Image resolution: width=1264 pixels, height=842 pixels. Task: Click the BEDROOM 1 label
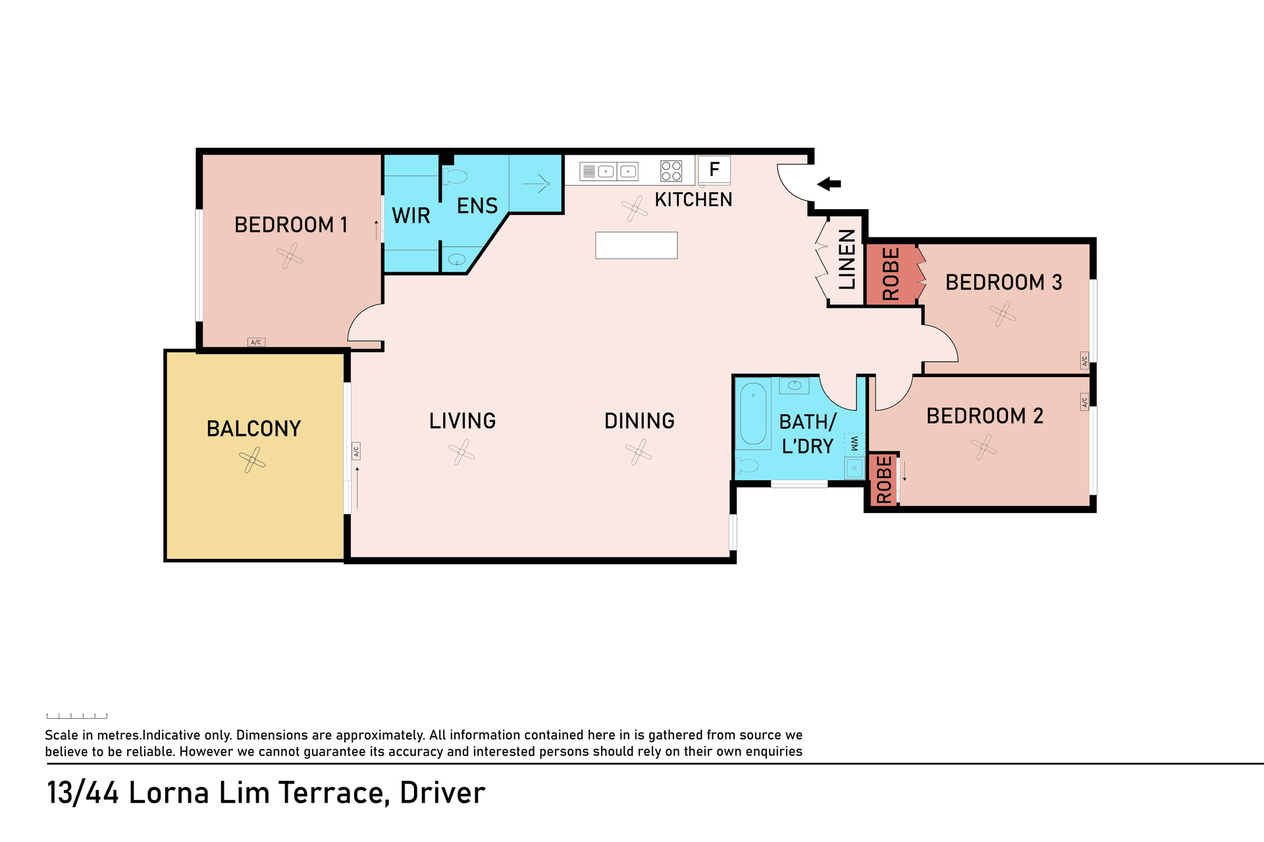[x=291, y=225]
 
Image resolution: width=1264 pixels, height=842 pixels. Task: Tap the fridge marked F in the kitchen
[x=714, y=170]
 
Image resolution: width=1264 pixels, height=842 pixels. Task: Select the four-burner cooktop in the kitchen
[x=671, y=171]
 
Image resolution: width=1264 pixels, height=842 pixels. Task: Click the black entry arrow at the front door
[x=829, y=184]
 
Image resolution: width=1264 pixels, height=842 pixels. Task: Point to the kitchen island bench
[x=637, y=245]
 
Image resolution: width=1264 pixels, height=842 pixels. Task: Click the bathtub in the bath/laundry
[x=753, y=414]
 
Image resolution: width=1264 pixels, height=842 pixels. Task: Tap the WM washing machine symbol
[x=854, y=444]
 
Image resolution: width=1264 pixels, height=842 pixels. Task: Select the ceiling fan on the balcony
[x=252, y=460]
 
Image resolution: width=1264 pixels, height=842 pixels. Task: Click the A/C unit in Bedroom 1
[x=256, y=342]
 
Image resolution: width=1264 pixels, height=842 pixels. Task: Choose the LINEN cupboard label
[x=847, y=259]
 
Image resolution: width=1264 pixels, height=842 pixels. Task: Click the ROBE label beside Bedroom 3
[x=891, y=274]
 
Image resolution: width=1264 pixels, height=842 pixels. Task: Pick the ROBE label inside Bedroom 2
[x=884, y=480]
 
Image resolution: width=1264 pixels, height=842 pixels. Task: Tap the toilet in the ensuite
[x=454, y=176]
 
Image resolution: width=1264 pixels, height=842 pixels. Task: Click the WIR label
[x=411, y=216]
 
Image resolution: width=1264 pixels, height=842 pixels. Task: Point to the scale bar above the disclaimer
[x=77, y=716]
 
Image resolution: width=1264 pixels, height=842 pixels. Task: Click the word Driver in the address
[x=442, y=793]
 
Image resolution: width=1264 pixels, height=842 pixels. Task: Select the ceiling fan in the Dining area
[x=639, y=452]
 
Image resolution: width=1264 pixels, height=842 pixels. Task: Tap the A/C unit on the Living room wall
[x=356, y=451]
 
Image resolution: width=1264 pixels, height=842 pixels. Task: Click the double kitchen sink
[x=609, y=172]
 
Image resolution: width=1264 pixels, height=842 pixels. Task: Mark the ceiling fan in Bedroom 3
[x=1003, y=313]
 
